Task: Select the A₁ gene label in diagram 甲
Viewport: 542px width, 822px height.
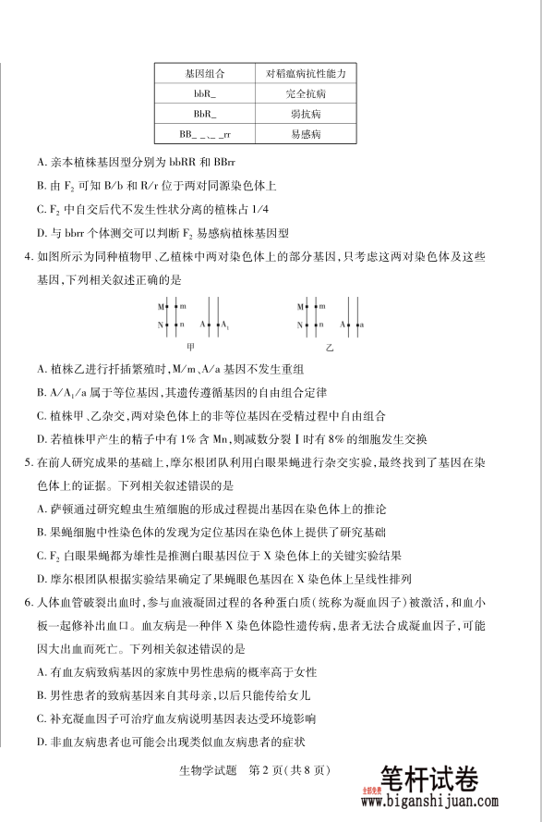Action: pyautogui.click(x=225, y=325)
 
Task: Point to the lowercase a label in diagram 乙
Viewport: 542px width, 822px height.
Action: pyautogui.click(x=361, y=325)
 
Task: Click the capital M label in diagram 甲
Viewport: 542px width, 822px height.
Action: pyautogui.click(x=160, y=305)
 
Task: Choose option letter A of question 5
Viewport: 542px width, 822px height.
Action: pyautogui.click(x=42, y=509)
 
